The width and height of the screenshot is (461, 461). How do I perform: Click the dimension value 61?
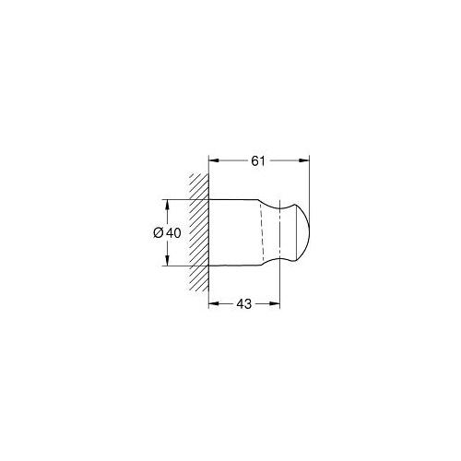(258, 161)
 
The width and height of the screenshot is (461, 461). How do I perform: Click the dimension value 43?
(244, 304)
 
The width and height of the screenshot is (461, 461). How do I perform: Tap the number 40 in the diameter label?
(173, 233)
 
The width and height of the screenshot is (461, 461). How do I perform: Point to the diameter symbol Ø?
(159, 233)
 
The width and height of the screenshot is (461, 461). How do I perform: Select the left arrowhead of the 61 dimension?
(214, 160)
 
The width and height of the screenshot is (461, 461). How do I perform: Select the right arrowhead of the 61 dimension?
(304, 160)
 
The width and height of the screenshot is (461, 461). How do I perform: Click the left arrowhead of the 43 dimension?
(214, 303)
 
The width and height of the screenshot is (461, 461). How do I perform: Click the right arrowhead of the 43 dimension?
(275, 303)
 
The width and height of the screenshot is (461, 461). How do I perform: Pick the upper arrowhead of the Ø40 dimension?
(167, 205)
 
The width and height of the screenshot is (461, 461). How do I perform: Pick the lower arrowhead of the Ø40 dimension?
(167, 260)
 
